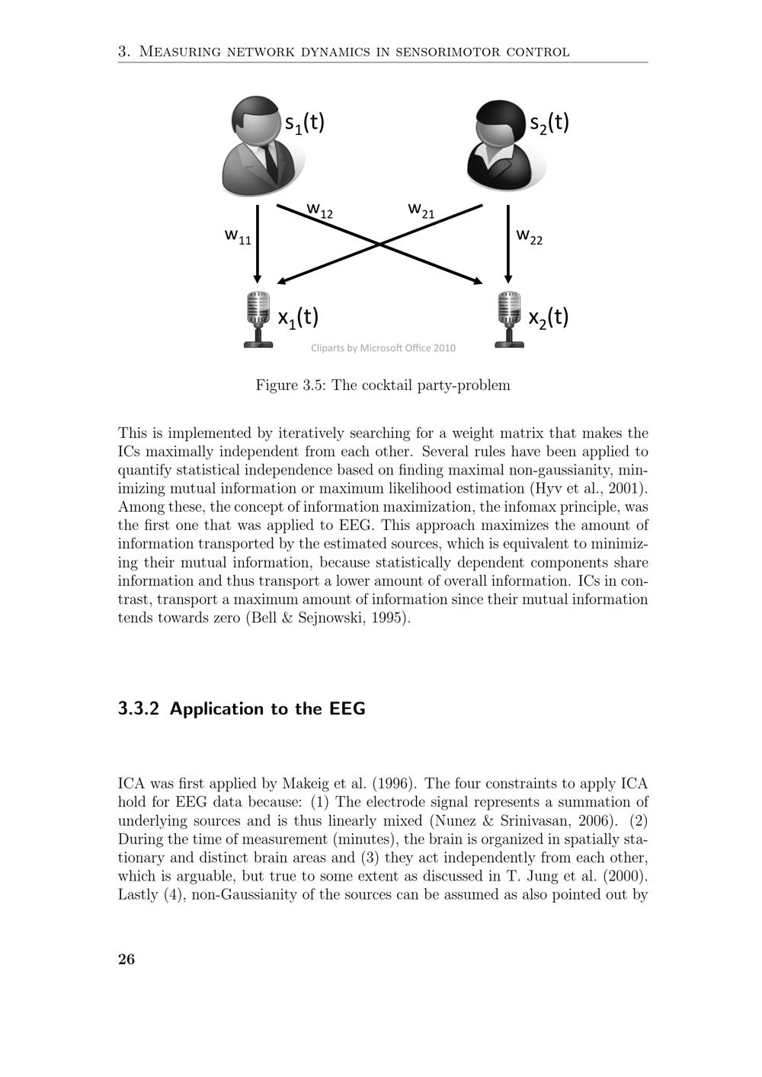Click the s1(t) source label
pyautogui.click(x=305, y=123)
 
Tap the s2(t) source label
pyautogui.click(x=549, y=123)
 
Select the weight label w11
pyautogui.click(x=238, y=236)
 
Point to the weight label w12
pyautogui.click(x=320, y=209)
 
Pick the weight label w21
pyautogui.click(x=421, y=209)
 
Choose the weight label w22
pyautogui.click(x=530, y=236)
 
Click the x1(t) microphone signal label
pyautogui.click(x=298, y=317)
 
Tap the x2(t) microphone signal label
pyautogui.click(x=549, y=317)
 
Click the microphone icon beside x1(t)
pyautogui.click(x=258, y=319)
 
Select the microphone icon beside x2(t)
pyautogui.click(x=509, y=319)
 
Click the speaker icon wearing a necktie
pyautogui.click(x=259, y=146)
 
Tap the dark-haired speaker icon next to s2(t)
pyautogui.click(x=503, y=146)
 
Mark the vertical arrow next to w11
pyautogui.click(x=258, y=244)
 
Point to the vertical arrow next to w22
pyautogui.click(x=508, y=244)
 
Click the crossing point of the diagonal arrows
pyautogui.click(x=379, y=244)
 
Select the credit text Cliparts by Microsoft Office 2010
pyautogui.click(x=383, y=348)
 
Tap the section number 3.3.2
pyautogui.click(x=139, y=709)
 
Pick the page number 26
pyautogui.click(x=126, y=959)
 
